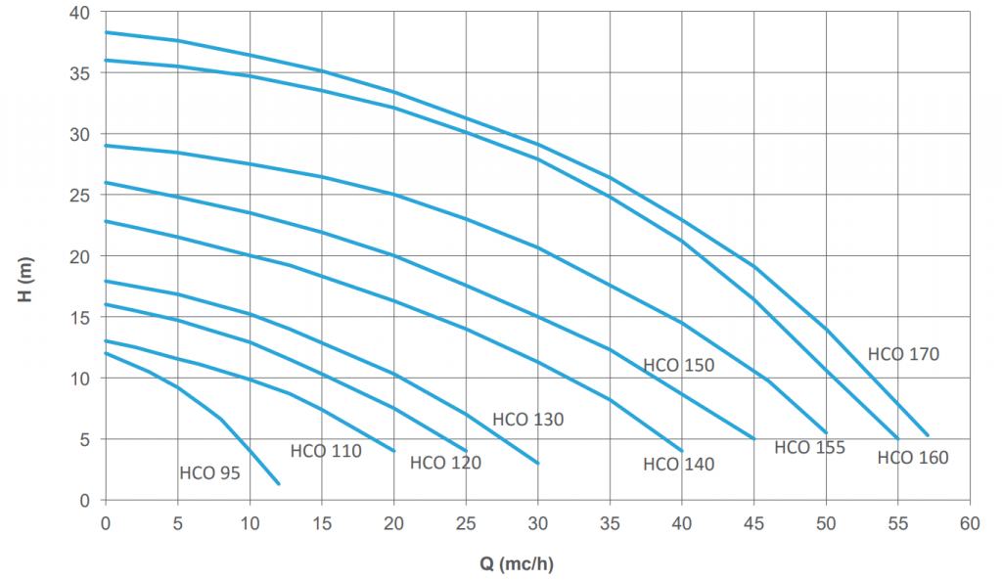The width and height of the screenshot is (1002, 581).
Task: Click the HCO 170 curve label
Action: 902,354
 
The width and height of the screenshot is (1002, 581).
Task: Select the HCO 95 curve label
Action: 209,474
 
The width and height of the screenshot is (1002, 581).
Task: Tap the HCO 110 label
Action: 326,451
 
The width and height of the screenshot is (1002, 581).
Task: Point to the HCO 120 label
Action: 445,463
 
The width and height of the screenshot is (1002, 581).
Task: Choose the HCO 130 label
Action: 527,420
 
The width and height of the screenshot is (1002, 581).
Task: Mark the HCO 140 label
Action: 678,465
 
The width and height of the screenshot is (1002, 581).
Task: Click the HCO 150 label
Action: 678,366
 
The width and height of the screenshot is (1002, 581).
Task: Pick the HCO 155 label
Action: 809,448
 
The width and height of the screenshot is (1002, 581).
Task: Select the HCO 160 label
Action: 912,457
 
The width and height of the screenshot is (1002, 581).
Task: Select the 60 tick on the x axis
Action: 970,522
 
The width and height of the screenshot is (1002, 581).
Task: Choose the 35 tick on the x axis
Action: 610,522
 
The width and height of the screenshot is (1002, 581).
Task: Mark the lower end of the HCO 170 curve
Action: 928,436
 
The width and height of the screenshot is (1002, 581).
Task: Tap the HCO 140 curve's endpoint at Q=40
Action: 682,451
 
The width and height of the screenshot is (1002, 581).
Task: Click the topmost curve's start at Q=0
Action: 106,32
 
